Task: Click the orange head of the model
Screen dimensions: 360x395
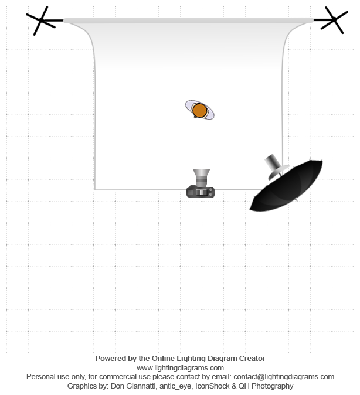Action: coord(200,110)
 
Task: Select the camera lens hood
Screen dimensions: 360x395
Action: coord(202,173)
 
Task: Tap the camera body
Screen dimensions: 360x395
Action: coord(201,192)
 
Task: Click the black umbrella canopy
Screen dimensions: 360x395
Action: coord(286,186)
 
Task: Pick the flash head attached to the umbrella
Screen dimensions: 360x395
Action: coord(276,167)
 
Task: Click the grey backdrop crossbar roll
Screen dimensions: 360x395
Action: coord(188,21)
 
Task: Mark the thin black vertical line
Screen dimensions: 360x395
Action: coord(298,101)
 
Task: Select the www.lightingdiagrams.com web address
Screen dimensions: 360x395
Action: coord(180,368)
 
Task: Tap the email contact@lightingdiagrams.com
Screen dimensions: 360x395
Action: coord(284,377)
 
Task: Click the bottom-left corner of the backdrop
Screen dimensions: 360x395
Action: coord(95,190)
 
